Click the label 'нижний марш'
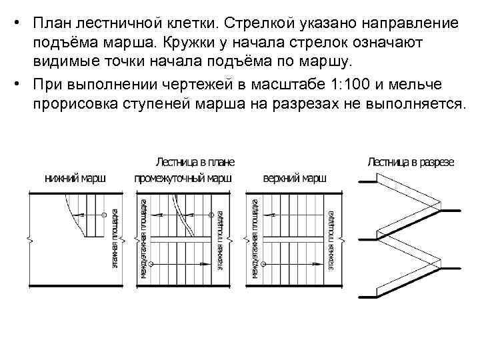tap(75, 179)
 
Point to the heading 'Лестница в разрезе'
tap(411, 162)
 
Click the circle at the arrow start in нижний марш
tap(105, 215)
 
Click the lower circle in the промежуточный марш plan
tap(151, 264)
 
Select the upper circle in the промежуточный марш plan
tap(214, 215)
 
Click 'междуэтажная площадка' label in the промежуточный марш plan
tap(143, 241)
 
